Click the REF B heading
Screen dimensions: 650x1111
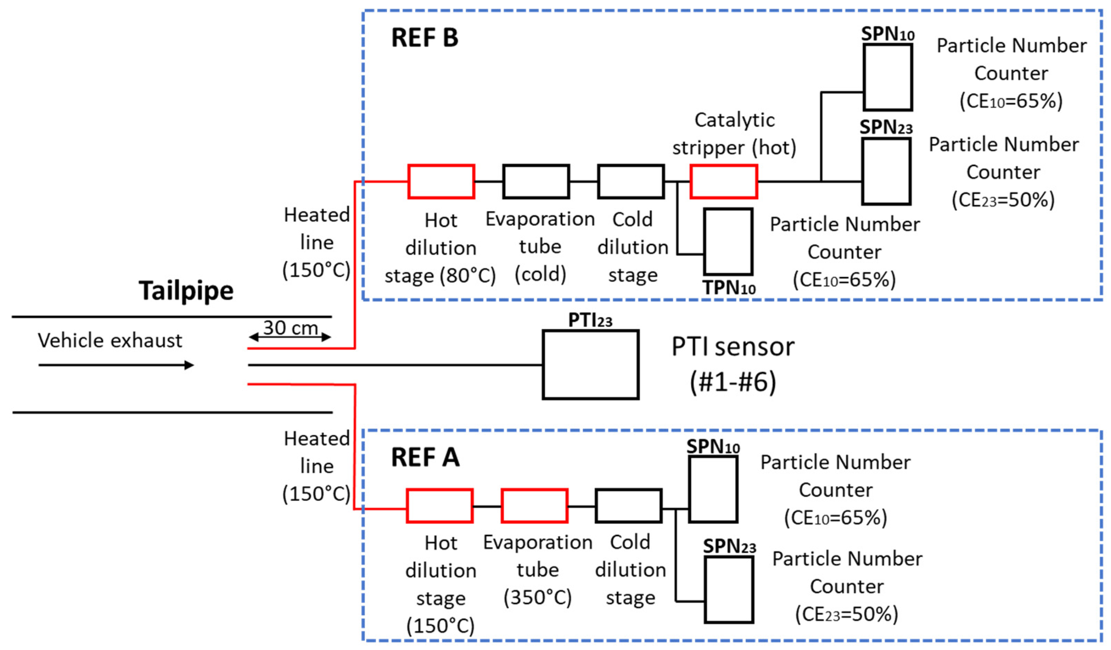(x=425, y=38)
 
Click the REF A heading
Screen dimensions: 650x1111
(x=425, y=457)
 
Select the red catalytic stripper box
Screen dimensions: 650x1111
(x=723, y=182)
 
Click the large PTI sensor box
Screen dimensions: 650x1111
(x=590, y=365)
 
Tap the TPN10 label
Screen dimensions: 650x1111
(x=729, y=288)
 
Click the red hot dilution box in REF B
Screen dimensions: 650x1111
(x=441, y=182)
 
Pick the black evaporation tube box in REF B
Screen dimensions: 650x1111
(x=536, y=182)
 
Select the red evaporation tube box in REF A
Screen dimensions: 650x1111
(x=534, y=506)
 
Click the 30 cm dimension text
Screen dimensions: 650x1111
(x=291, y=328)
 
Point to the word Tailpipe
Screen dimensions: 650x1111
(x=186, y=291)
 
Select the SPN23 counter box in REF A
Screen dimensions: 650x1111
(x=728, y=590)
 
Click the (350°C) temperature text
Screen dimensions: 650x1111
(x=537, y=598)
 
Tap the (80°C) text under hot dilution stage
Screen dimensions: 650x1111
(x=468, y=276)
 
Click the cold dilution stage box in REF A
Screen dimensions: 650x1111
(x=628, y=506)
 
